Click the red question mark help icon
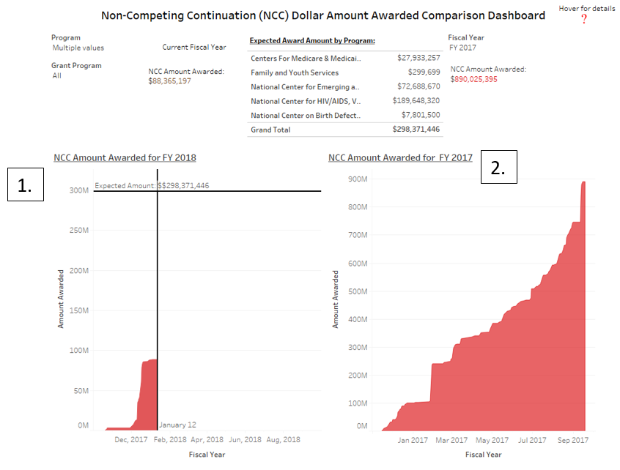pos(584,19)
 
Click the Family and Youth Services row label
pos(295,72)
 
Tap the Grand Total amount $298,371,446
pos(416,130)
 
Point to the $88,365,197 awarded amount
pos(169,81)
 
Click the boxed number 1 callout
pos(26,185)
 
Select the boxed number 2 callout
pos(498,168)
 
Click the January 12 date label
pos(178,425)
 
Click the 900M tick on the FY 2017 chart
pos(358,179)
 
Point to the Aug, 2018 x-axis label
pos(283,440)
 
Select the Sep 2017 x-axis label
pos(573,440)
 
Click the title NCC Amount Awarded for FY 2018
pos(125,157)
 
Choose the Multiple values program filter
pos(78,48)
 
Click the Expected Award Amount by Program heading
pos(312,41)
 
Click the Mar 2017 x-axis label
pos(452,440)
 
